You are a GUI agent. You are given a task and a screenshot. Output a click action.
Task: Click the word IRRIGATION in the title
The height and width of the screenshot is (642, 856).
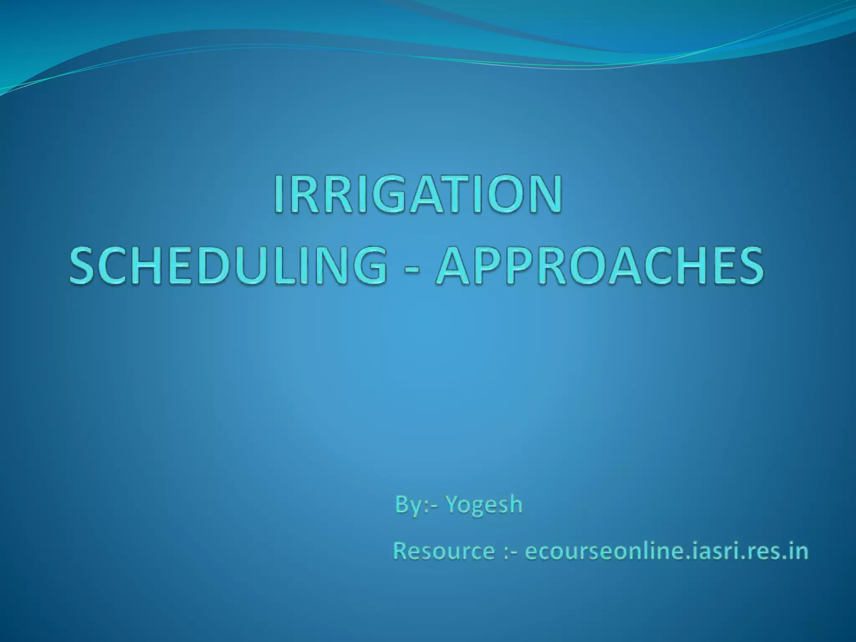pos(418,195)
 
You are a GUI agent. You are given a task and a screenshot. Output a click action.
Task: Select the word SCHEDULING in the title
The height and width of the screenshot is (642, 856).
pos(228,265)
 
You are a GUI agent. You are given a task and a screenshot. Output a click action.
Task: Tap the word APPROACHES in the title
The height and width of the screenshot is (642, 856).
pos(600,265)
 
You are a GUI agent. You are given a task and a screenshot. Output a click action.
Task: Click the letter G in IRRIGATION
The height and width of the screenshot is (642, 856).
pos(387,195)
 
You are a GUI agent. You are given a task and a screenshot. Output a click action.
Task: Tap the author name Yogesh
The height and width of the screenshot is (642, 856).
pos(484,504)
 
